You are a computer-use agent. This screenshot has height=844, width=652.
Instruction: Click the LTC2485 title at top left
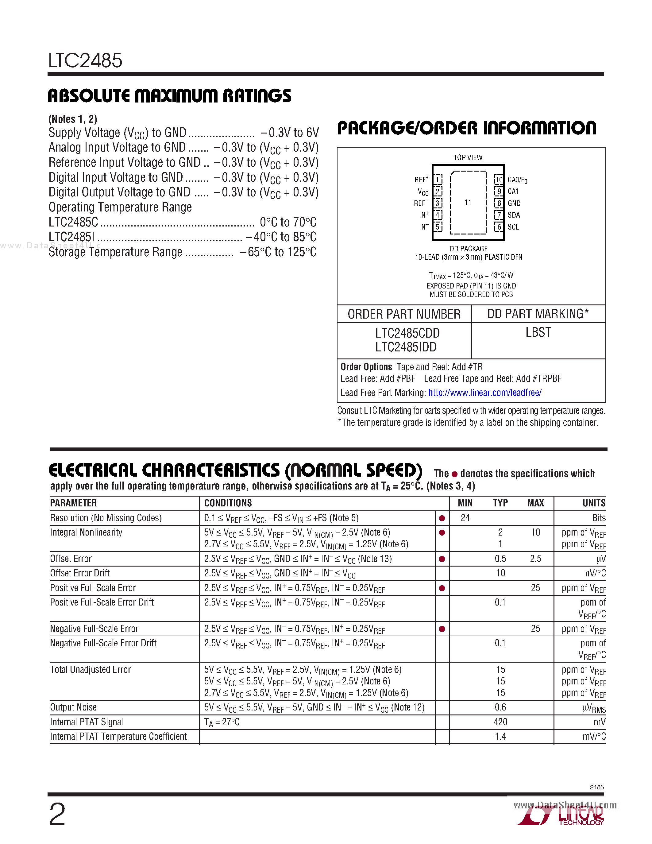pyautogui.click(x=85, y=61)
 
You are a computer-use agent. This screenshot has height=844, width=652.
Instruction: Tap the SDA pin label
pyautogui.click(x=513, y=215)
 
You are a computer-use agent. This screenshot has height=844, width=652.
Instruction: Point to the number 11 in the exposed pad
pyautogui.click(x=468, y=203)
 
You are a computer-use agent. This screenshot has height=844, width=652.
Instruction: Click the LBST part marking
pyautogui.click(x=538, y=332)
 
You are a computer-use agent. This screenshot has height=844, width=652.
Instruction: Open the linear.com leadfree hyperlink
pyautogui.click(x=485, y=393)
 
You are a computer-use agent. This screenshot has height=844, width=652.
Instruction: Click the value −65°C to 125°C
pyautogui.click(x=278, y=252)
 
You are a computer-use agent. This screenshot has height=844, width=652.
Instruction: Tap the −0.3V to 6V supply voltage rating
pyautogui.click(x=290, y=133)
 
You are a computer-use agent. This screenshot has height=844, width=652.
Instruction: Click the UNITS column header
pyautogui.click(x=594, y=503)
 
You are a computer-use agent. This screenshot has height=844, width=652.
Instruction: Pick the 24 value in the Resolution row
pyautogui.click(x=465, y=518)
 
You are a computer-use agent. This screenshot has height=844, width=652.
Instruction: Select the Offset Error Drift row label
pyautogui.click(x=80, y=573)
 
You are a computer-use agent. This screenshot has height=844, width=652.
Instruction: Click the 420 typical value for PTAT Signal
pyautogui.click(x=500, y=722)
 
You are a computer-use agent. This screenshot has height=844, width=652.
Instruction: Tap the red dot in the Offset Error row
pyautogui.click(x=442, y=559)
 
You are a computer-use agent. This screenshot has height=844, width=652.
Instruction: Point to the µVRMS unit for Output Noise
pyautogui.click(x=594, y=708)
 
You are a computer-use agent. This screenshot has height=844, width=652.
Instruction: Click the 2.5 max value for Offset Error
pyautogui.click(x=535, y=559)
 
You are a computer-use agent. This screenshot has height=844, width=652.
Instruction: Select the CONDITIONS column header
pyautogui.click(x=228, y=503)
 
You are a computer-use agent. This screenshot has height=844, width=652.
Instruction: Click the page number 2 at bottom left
pyautogui.click(x=57, y=815)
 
